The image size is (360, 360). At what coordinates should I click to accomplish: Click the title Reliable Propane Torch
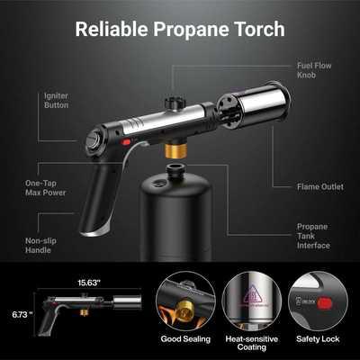coord(180,29)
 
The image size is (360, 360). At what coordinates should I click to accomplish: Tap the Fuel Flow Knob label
coord(314,70)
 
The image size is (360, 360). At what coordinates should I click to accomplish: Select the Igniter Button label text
coord(56,101)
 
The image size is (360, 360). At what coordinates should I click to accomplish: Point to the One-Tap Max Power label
coord(45,188)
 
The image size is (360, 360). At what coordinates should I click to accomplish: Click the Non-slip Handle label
coord(40,246)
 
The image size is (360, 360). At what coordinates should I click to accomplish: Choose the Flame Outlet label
coord(320,186)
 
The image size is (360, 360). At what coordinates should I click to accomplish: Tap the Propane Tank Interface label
coord(313,236)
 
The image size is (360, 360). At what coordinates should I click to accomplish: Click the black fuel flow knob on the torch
coord(174,103)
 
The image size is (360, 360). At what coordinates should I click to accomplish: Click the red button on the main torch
coord(126,142)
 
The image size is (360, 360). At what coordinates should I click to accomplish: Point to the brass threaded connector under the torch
coord(176,150)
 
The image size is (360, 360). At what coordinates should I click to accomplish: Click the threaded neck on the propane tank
coord(176,171)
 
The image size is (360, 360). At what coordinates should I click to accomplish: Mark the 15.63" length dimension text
coord(89,283)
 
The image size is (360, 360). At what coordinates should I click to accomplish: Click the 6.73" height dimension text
coord(22,314)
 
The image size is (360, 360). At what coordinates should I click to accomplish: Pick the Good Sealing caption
coord(185,339)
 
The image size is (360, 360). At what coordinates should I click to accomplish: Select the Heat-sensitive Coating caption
coord(252,343)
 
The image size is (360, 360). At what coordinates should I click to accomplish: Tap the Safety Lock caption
coord(318,339)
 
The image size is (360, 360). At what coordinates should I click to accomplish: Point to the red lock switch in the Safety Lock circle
coord(323,303)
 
